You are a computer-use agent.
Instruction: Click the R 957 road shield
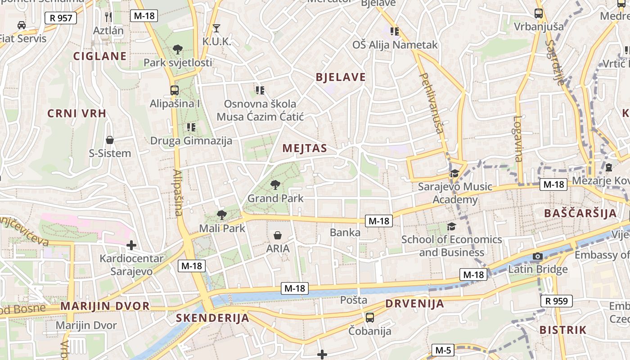pos(61,18)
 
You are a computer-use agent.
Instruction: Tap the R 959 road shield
pos(556,301)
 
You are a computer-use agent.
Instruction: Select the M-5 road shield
pos(443,350)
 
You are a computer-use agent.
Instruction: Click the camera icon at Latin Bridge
pos(537,256)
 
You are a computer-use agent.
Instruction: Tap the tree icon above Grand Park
pos(275,184)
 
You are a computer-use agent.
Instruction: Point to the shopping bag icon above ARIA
pos(278,235)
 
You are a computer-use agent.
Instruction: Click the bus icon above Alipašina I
pos(175,90)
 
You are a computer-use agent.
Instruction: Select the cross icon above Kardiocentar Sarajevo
pos(131,245)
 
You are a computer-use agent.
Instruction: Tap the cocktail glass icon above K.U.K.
pos(216,28)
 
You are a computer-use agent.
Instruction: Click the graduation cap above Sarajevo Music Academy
pos(454,173)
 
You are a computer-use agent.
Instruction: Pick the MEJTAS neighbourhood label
pos(305,148)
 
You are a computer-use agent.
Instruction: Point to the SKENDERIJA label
pos(212,318)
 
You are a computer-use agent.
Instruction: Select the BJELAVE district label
pos(341,77)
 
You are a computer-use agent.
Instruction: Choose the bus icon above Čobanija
pos(370,317)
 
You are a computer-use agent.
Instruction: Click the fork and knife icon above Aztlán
pos(108,17)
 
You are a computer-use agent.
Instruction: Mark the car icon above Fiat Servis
pos(21,25)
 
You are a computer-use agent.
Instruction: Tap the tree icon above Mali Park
pos(221,215)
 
